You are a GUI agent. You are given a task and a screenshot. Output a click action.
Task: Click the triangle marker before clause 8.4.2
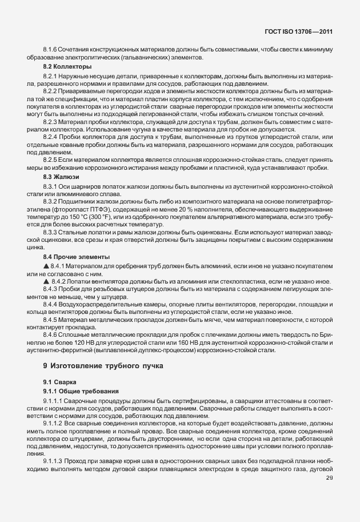[x=46, y=281]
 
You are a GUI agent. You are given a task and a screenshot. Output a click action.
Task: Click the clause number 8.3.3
[x=50, y=232]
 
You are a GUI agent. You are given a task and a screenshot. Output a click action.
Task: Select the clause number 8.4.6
[x=50, y=333]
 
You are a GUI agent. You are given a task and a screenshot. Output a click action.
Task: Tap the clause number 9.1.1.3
[x=54, y=460]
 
